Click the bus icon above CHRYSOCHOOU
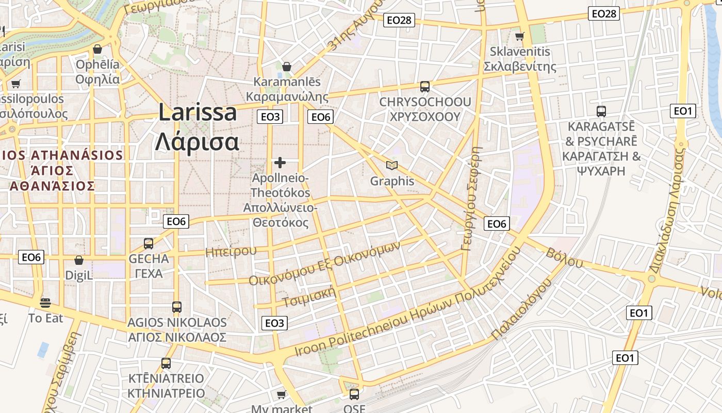click(x=425, y=86)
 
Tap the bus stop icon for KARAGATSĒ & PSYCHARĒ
click(x=601, y=111)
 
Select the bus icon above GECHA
click(x=149, y=243)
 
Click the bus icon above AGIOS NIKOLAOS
click(x=177, y=307)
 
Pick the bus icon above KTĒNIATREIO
click(x=166, y=363)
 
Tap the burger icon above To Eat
click(x=45, y=303)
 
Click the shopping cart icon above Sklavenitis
click(x=520, y=36)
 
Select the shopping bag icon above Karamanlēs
click(x=287, y=67)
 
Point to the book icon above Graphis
click(x=392, y=165)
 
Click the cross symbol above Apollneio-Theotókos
click(x=280, y=163)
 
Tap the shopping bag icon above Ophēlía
click(x=97, y=49)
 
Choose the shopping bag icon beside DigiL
click(x=79, y=260)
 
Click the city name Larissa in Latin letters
click(x=198, y=112)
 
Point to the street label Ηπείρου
click(x=231, y=251)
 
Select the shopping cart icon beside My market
click(x=281, y=395)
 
